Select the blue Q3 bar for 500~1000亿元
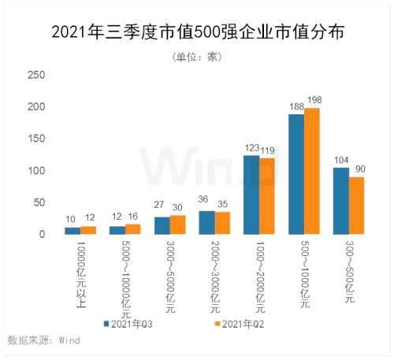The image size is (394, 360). (296, 175)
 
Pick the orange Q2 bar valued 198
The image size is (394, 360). (312, 172)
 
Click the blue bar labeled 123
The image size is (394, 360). (251, 195)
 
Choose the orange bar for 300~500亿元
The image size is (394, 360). (357, 206)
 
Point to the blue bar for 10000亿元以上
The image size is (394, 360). (72, 231)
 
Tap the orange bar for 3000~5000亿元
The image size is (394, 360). (177, 225)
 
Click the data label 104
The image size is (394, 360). (341, 160)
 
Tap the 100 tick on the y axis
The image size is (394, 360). (36, 170)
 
